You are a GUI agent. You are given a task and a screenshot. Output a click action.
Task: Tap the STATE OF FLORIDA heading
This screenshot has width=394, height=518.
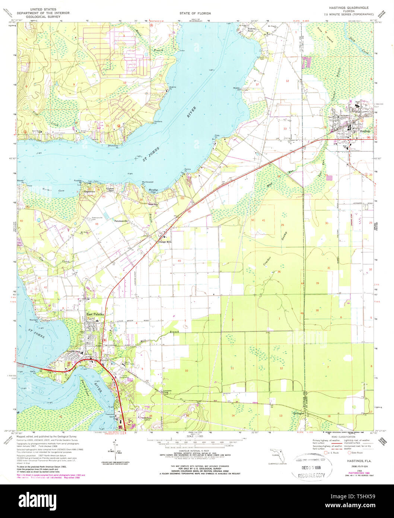[195, 13]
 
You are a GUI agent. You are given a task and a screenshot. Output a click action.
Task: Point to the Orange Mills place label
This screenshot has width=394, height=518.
[165, 242]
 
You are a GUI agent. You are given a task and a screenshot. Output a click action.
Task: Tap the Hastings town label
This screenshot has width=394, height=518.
[365, 131]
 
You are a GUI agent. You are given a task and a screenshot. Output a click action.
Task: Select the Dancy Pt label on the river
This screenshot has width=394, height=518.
[188, 170]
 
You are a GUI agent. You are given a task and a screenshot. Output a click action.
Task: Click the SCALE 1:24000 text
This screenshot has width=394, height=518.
[195, 436]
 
